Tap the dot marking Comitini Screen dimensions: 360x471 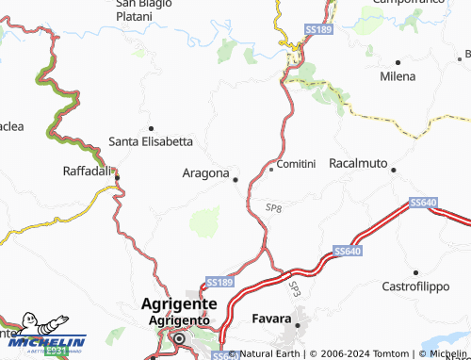[x=271, y=170]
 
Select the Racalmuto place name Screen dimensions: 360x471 [x=358, y=164]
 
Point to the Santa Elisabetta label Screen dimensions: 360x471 [x=151, y=142]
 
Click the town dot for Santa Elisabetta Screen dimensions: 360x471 [x=151, y=127]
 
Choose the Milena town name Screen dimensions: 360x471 [x=397, y=76]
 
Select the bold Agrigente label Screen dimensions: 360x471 [x=179, y=304]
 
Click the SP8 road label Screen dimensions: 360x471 [x=274, y=207]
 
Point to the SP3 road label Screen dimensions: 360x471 [x=295, y=288]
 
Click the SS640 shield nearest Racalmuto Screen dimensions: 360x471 [x=424, y=203]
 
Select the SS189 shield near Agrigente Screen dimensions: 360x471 [x=219, y=283]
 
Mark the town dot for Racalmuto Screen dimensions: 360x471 [x=394, y=171]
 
